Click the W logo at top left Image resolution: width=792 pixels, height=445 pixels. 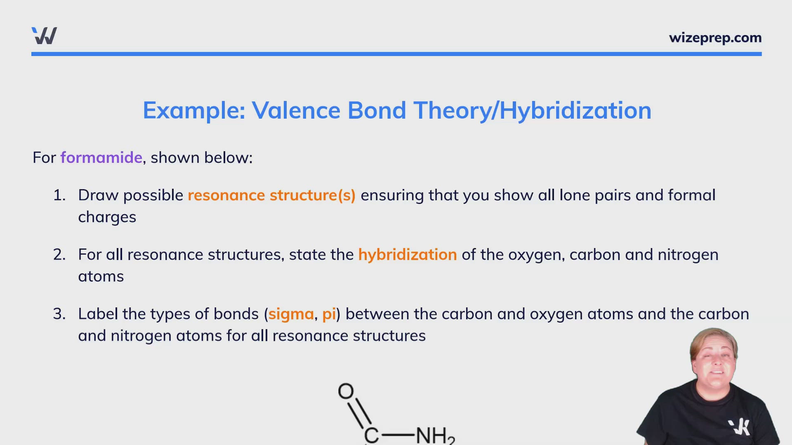[44, 36]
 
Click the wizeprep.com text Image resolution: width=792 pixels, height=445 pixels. [715, 38]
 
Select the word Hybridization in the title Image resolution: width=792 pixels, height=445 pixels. [575, 110]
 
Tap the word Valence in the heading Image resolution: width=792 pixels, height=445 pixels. [296, 110]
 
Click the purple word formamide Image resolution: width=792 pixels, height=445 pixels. [101, 157]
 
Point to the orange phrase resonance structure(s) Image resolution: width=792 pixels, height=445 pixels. [271, 195]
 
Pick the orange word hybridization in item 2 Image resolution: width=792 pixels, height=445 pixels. [407, 255]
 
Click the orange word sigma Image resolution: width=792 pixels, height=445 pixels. [291, 314]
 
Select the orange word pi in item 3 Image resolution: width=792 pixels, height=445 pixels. [329, 314]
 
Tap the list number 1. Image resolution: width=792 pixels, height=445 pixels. [59, 195]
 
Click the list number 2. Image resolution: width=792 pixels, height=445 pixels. [59, 255]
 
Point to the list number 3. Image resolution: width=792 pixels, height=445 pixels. [59, 314]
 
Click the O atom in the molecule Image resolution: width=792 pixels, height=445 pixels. [346, 391]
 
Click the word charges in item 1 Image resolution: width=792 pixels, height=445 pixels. [107, 217]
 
